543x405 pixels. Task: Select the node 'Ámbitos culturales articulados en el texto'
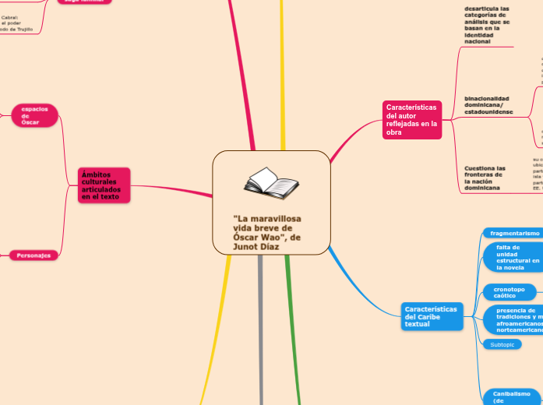coord(104,185)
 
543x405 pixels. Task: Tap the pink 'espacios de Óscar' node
coord(35,115)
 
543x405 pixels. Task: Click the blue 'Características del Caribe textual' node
coord(429,317)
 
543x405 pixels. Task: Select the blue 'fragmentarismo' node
coord(514,233)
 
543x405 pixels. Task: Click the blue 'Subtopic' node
coord(502,344)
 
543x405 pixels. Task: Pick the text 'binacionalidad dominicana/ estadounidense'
coord(488,105)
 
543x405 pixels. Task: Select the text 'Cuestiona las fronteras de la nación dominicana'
coord(485,178)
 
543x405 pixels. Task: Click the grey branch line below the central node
coord(260,327)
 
